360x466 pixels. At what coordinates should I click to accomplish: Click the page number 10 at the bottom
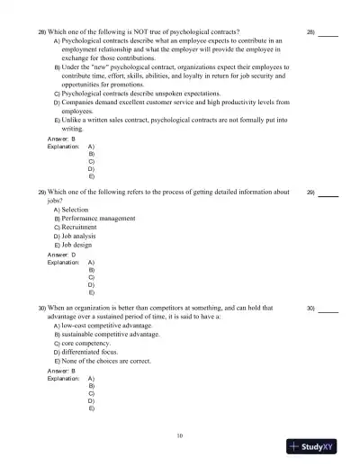[180, 436]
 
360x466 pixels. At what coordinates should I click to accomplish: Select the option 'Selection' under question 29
[79, 209]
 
